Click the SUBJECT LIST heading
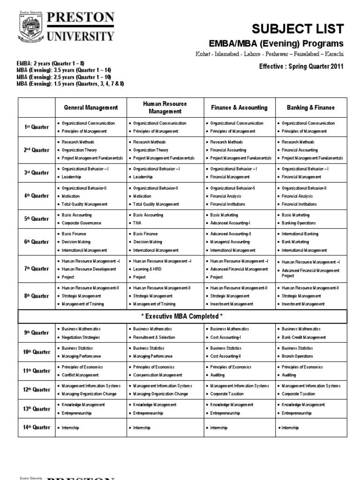[x=298, y=29]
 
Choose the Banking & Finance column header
[x=311, y=107]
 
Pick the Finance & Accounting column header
[x=239, y=107]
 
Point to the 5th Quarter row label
[x=37, y=219]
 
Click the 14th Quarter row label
[x=37, y=427]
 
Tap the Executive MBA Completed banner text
[x=182, y=316]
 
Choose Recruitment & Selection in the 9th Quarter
[x=154, y=337]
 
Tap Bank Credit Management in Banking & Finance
[x=304, y=337]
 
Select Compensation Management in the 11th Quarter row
[x=157, y=375]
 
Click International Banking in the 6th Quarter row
[x=300, y=233]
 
